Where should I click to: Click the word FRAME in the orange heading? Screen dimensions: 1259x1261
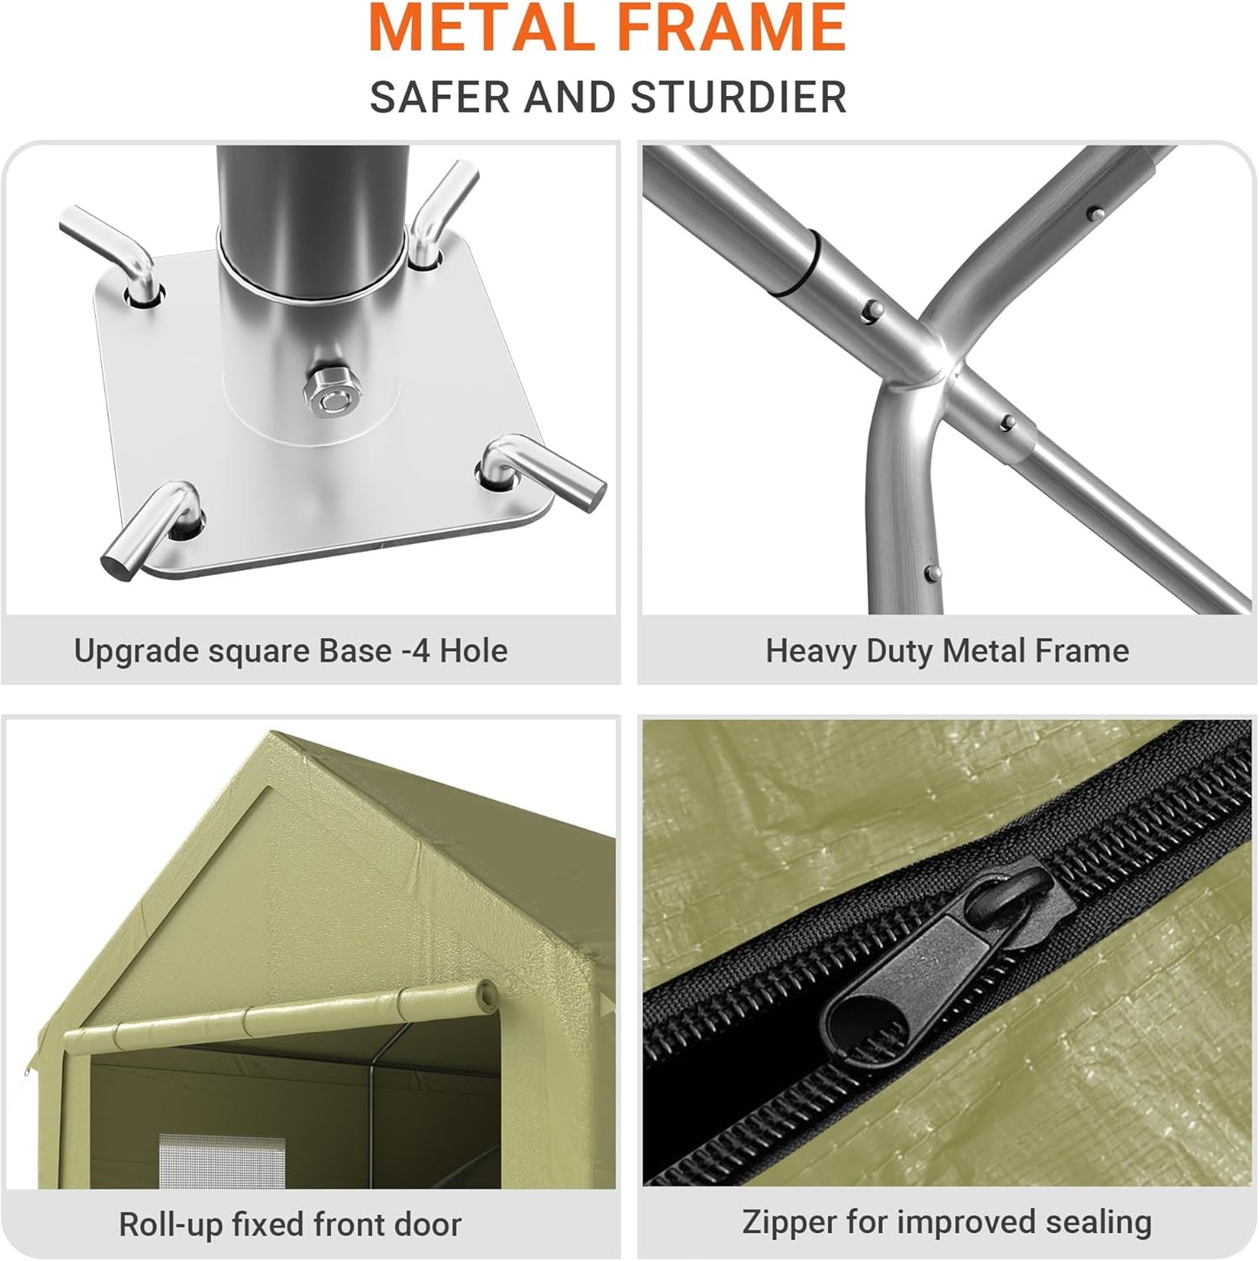point(732,28)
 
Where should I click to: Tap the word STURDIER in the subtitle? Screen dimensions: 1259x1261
point(739,98)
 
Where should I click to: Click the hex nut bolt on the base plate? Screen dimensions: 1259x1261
point(329,394)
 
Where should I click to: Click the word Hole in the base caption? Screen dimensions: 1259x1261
point(473,650)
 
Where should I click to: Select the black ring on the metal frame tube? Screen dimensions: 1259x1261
point(795,263)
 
